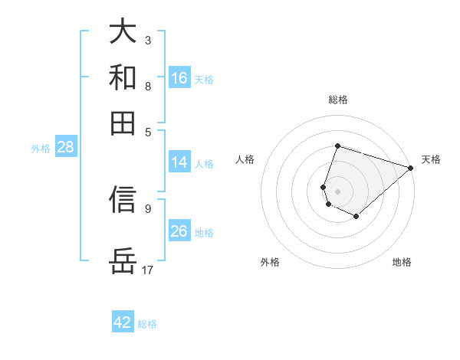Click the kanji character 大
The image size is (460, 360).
[x=123, y=31]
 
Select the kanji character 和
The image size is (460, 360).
[x=123, y=77]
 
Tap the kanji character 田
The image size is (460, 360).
[x=123, y=122]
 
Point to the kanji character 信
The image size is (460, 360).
[x=123, y=198]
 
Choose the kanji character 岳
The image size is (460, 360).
[x=123, y=261]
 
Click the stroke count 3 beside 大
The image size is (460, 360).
[x=147, y=40]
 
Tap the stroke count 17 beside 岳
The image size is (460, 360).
[x=148, y=270]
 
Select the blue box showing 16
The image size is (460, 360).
[x=179, y=77]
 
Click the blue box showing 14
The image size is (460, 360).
[x=179, y=162]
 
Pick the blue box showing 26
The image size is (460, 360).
[x=179, y=231]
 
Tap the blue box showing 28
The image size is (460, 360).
[x=65, y=148]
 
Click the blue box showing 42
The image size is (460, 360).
[x=123, y=322]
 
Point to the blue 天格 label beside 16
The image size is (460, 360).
[x=204, y=80]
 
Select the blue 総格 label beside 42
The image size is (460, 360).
[x=147, y=324]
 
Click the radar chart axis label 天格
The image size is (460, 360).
[x=431, y=159]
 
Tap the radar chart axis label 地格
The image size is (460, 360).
[x=402, y=263]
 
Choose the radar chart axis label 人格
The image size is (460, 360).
[x=245, y=159]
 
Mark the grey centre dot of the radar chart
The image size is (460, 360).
[x=337, y=191]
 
